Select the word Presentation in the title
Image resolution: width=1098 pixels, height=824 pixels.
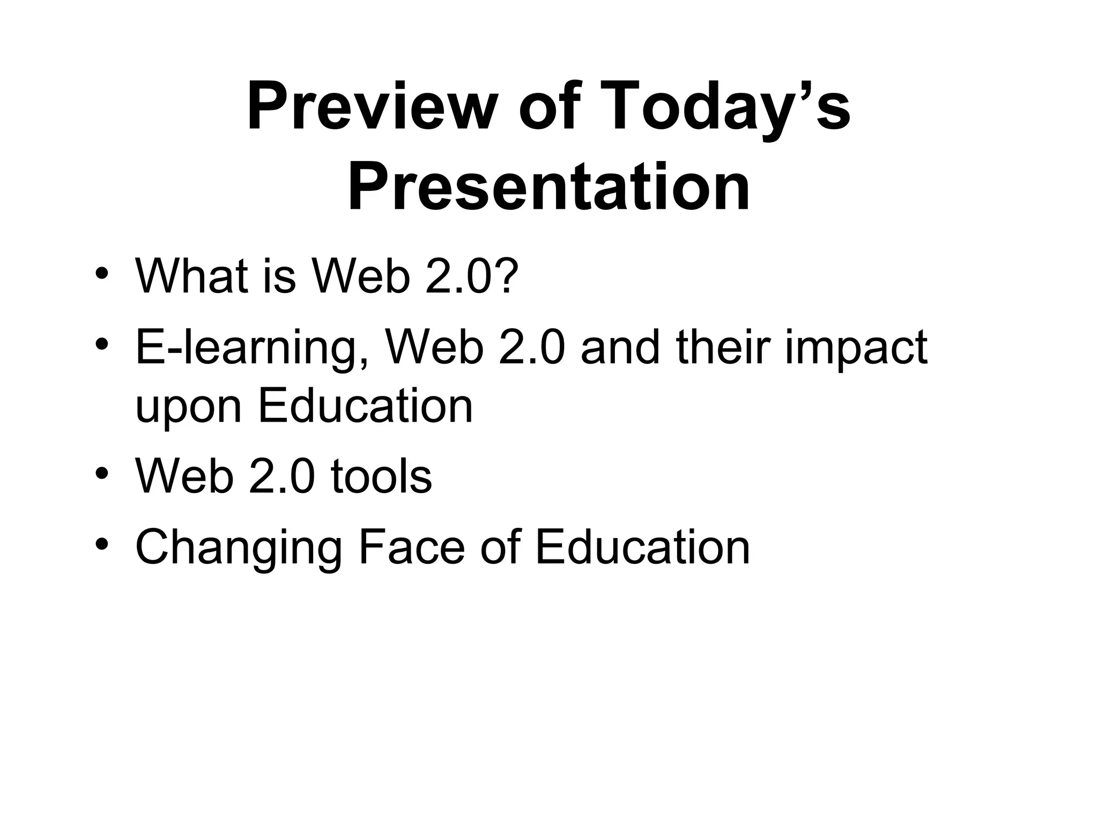[x=548, y=188]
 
